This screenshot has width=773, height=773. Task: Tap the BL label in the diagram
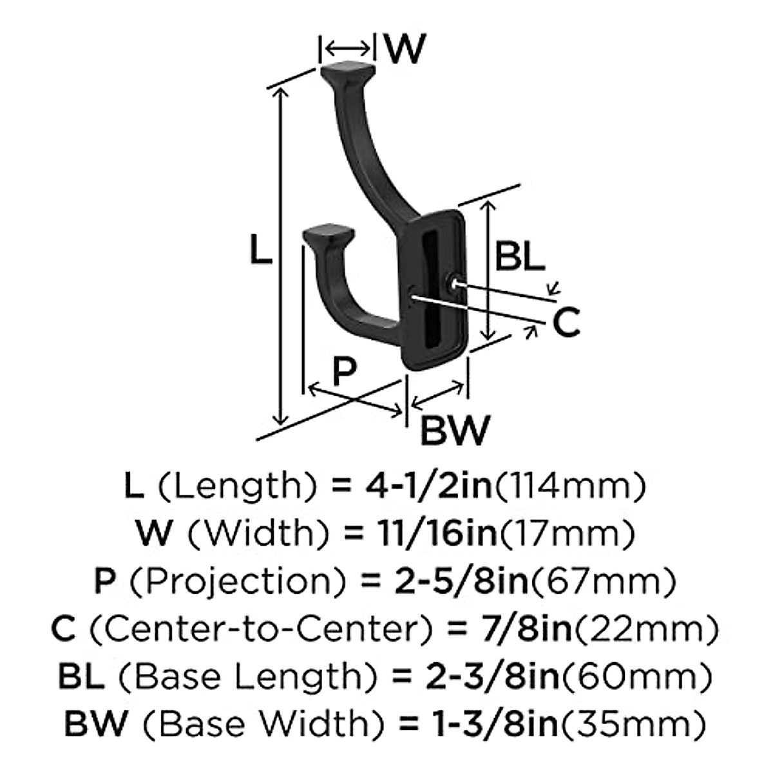[519, 256]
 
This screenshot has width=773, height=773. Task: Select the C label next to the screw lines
[566, 323]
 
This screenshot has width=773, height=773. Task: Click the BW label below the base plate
[455, 430]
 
